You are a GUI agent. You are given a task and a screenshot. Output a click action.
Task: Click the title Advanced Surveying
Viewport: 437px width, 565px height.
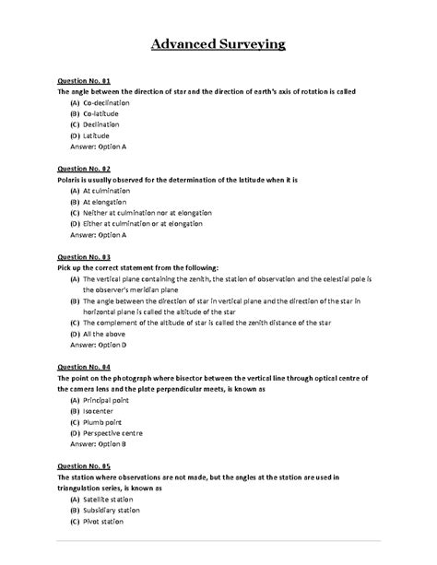pyautogui.click(x=218, y=43)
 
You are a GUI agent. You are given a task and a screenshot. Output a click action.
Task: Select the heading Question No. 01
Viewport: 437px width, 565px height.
pyautogui.click(x=84, y=81)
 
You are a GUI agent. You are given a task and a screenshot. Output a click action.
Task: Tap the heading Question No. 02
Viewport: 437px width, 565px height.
pyautogui.click(x=84, y=169)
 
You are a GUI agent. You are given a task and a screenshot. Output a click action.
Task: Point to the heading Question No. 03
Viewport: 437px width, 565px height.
pyautogui.click(x=84, y=256)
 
